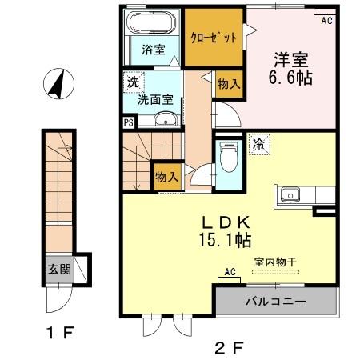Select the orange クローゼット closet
(213, 38)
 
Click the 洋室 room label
(292, 60)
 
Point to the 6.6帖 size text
(291, 79)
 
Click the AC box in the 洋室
(326, 21)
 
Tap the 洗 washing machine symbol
(132, 82)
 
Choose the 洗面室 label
(154, 101)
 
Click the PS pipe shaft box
(129, 122)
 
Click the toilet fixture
(229, 158)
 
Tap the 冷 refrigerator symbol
(260, 144)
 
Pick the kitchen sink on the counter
(288, 194)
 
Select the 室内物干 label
(276, 262)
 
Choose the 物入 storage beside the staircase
(167, 177)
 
